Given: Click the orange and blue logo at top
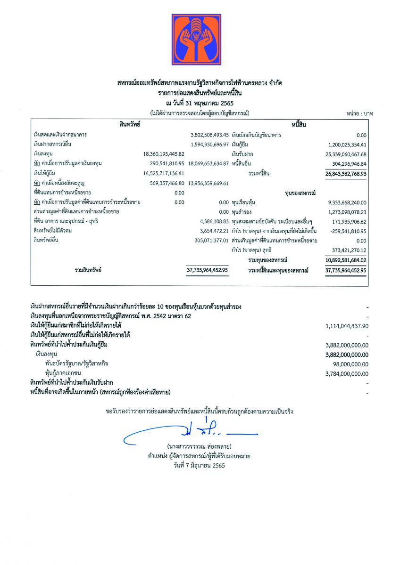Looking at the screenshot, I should pyautogui.click(x=196, y=40).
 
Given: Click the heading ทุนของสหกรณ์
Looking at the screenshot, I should pyautogui.click(x=300, y=193).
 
